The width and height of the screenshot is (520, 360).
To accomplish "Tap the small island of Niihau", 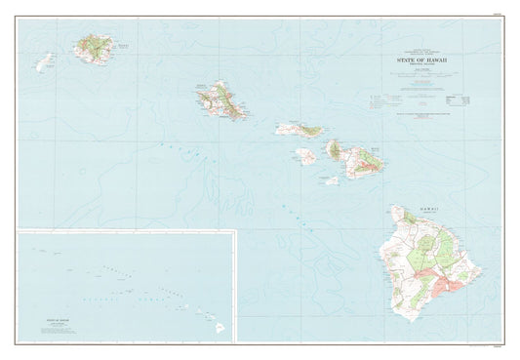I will tap(44, 62).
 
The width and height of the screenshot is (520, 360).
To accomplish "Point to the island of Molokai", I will tap(300, 129).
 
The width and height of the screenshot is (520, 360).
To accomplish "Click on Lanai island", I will tap(306, 154).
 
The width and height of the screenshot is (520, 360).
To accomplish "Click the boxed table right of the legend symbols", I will tap(457, 100).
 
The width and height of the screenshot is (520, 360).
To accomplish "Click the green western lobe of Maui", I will tap(335, 149).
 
